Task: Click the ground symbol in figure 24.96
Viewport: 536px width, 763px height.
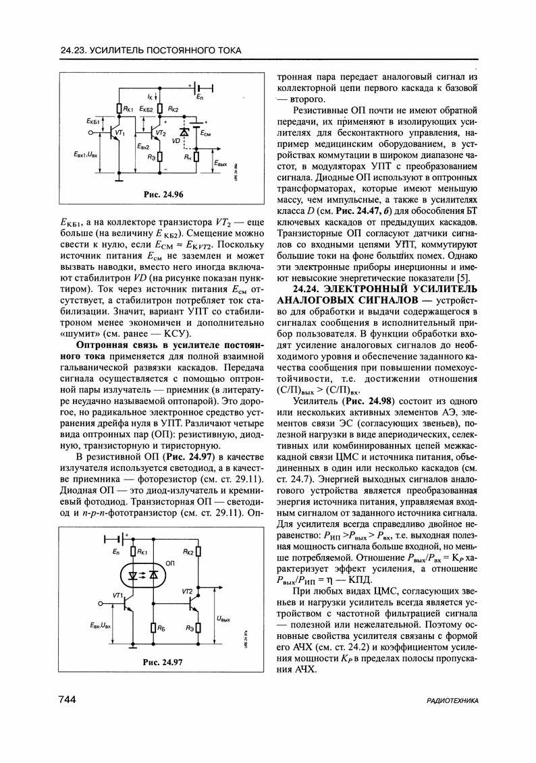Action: pyautogui.click(x=118, y=178)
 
